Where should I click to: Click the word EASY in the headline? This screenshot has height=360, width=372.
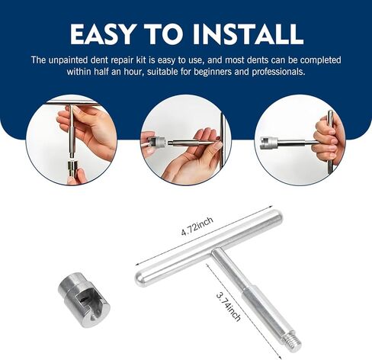(x=102, y=34)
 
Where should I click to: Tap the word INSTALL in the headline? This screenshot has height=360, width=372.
(x=247, y=34)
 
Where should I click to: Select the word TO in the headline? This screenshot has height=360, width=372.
(x=163, y=34)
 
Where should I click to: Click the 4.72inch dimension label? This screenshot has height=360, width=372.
(x=197, y=227)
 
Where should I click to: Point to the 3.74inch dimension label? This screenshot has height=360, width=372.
(x=228, y=307)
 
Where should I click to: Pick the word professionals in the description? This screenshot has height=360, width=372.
(x=278, y=72)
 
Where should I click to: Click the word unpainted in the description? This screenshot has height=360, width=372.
(x=68, y=60)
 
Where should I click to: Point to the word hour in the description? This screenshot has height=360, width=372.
(x=135, y=72)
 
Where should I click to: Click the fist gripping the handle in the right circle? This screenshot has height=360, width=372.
(x=328, y=140)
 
